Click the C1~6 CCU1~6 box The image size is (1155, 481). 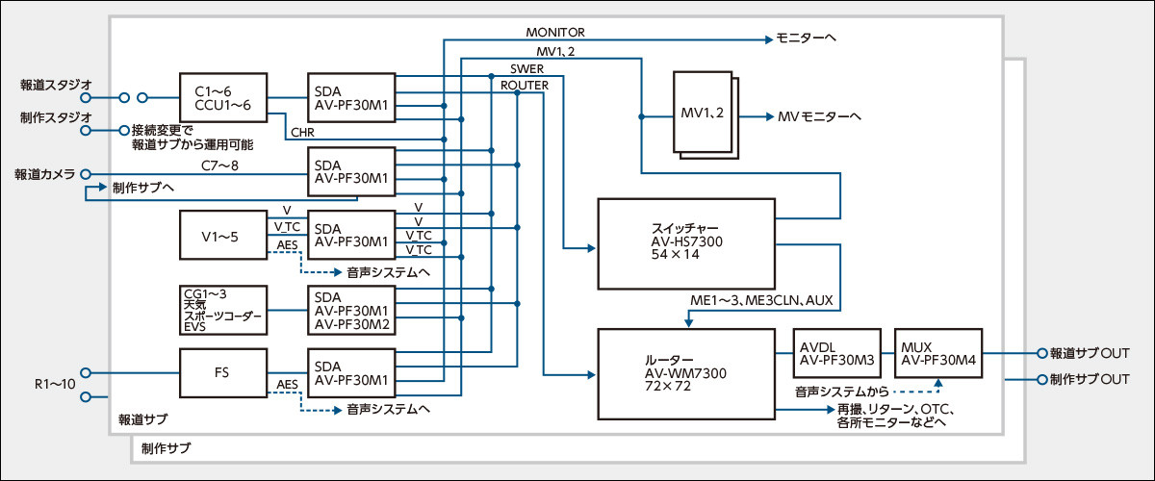click(222, 97)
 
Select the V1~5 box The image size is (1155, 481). click(222, 235)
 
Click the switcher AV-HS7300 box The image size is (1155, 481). click(685, 244)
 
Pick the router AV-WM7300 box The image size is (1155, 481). click(685, 372)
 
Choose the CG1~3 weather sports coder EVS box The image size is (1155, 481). click(222, 309)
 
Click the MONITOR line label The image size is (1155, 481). click(555, 33)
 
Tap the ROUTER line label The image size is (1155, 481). click(525, 86)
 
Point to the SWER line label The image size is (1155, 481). click(526, 68)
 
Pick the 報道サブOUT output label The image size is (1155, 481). click(1089, 353)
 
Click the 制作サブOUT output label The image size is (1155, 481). click(1089, 379)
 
